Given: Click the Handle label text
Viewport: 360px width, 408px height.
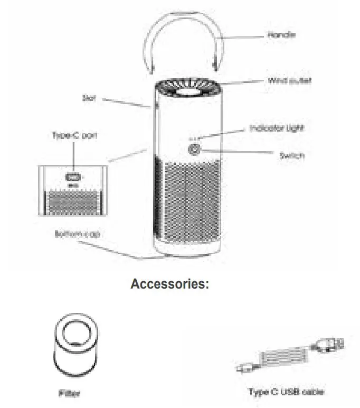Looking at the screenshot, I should point(281,35).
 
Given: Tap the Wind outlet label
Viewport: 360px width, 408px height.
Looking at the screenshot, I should point(289,80).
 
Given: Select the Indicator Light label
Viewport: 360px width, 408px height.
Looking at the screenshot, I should point(277,128).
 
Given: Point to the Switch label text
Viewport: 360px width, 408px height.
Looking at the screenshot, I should point(291,156).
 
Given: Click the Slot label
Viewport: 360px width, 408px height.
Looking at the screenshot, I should point(89,98).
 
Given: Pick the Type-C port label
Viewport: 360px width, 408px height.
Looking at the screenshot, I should point(74,136).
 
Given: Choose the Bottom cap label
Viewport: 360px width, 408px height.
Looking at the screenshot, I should point(77,234).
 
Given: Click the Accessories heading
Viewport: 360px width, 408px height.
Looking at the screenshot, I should point(169,284).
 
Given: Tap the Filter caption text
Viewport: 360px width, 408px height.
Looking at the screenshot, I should point(69,393).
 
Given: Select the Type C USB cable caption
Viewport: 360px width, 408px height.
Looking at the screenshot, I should point(286,392).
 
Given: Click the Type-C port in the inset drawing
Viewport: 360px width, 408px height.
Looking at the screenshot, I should point(73,178).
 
